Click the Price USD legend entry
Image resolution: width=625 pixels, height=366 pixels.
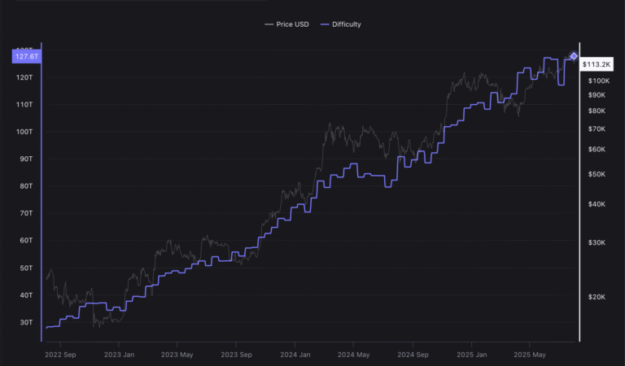coord(286,24)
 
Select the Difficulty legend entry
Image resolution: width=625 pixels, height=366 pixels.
coord(341,24)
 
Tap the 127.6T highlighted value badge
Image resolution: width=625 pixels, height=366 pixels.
coord(26,56)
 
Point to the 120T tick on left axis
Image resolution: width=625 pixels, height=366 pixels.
coord(24,77)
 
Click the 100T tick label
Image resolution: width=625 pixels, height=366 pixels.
coord(24,132)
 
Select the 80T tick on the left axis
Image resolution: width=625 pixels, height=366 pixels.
coord(25,186)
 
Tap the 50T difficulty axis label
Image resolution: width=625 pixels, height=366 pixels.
coord(25,268)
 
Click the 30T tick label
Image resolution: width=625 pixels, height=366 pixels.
coord(25,323)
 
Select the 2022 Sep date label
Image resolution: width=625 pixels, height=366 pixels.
coord(61,355)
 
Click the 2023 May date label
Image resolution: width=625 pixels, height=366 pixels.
coord(177,355)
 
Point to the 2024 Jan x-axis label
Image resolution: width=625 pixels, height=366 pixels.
coord(294,355)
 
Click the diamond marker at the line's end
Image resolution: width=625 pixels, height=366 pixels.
coord(574,56)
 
